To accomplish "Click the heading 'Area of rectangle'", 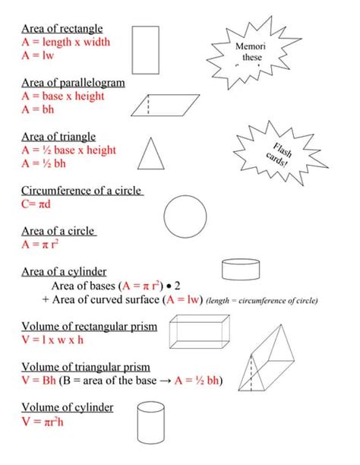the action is [x=62, y=29].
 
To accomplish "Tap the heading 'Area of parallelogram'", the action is [x=73, y=83].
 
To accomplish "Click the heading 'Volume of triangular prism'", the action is [x=85, y=367].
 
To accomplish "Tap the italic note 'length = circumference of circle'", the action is [x=262, y=301].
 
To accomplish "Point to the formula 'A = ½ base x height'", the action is [x=69, y=150].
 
